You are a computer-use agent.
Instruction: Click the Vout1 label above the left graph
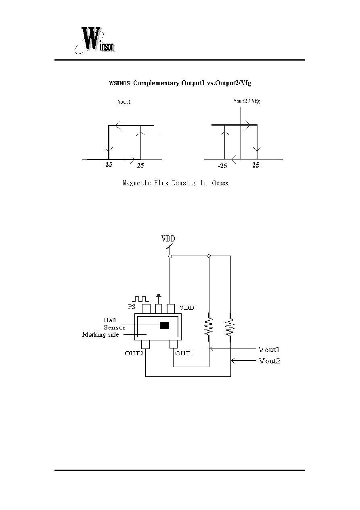point(124,102)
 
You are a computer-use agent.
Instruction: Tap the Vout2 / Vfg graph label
point(247,101)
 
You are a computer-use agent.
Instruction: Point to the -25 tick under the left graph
point(108,164)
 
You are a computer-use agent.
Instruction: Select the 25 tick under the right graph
point(256,165)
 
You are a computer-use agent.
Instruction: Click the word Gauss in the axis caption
point(220,183)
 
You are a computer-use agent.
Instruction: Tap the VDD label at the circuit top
point(168,238)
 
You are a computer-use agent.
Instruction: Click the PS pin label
point(132,306)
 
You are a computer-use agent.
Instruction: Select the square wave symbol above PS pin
point(141,299)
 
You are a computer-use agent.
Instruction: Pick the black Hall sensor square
point(164,325)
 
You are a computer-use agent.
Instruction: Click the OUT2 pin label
point(134,353)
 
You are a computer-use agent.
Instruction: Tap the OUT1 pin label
point(184,353)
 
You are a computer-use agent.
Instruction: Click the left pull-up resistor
point(209,327)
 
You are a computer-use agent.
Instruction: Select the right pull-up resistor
point(230,327)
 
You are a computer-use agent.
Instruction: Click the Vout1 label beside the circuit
point(269,349)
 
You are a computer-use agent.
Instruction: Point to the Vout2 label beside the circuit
point(270,361)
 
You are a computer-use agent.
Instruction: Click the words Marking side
point(100,335)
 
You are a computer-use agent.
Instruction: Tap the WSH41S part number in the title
point(119,83)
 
